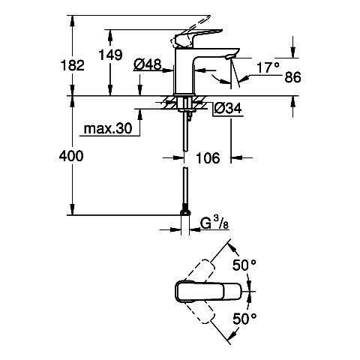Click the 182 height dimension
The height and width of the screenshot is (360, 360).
[x=73, y=65]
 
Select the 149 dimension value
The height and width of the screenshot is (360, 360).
[x=110, y=55]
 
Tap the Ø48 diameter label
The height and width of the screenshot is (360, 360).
[x=148, y=64]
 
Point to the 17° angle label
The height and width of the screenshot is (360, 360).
[x=268, y=67]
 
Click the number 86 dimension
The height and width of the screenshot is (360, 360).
[x=292, y=77]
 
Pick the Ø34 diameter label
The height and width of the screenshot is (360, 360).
[x=228, y=109]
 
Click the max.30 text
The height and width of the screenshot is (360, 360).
[x=108, y=129]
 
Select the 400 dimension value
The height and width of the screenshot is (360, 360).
[x=71, y=156]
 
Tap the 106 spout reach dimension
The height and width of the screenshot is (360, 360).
[x=208, y=158]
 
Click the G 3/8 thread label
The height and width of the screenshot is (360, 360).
[x=214, y=223]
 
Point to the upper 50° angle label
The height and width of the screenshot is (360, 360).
[x=244, y=265]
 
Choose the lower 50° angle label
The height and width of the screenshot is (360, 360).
[x=244, y=319]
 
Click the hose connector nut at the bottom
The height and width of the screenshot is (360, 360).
[x=185, y=212]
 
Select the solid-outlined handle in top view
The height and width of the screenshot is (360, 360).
[x=208, y=292]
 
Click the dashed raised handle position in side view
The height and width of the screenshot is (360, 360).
[x=190, y=29]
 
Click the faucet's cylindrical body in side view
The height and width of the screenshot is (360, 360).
[x=184, y=71]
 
